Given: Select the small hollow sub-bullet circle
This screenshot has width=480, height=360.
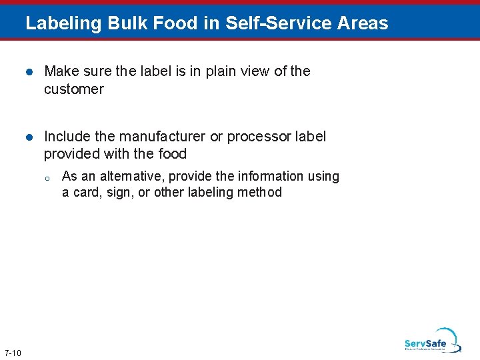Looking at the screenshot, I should tap(47, 178).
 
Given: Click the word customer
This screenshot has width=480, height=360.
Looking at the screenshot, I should tap(74, 89).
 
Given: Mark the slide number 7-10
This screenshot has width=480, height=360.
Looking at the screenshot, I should tap(12, 353).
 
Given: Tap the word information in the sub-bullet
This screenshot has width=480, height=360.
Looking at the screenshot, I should tap(274, 176).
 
